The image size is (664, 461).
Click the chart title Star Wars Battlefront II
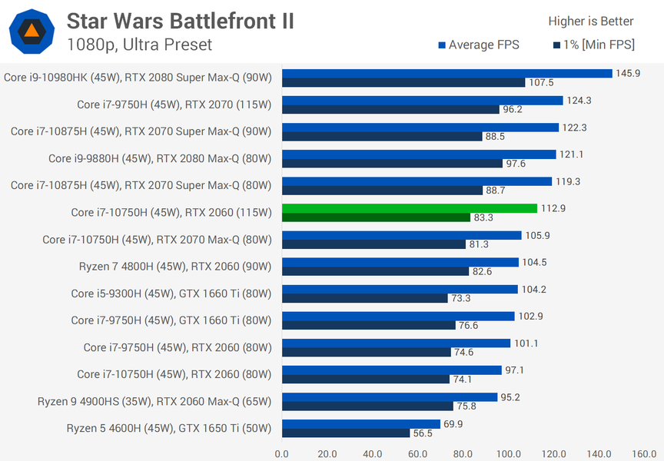[x=180, y=21]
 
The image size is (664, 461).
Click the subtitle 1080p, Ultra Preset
[x=139, y=45]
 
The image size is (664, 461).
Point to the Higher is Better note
[x=591, y=22]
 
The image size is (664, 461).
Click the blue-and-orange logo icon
[x=32, y=32]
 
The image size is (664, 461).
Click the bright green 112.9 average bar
[x=410, y=208]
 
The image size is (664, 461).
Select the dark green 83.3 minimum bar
[x=376, y=217]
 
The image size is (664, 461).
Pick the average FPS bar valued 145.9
[x=447, y=73]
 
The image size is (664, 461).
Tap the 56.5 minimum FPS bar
[x=346, y=433]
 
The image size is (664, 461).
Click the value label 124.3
[x=579, y=101]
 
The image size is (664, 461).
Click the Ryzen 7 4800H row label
[x=175, y=267]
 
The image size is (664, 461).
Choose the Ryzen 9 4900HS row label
[x=154, y=401]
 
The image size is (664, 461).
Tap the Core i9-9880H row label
[x=160, y=159]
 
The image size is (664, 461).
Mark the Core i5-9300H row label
[x=171, y=294]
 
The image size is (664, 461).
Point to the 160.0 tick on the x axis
[x=644, y=453]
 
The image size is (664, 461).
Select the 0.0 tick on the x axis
[x=281, y=453]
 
